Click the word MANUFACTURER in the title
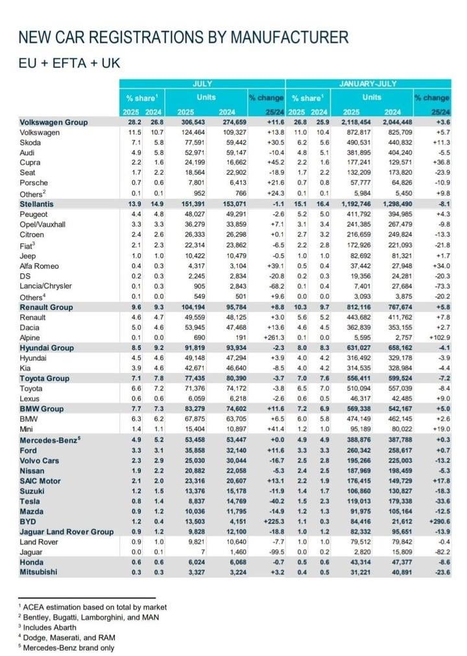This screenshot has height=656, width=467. (290, 37)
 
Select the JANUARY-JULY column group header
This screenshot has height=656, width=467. (368, 84)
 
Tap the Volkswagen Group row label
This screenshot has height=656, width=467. (54, 122)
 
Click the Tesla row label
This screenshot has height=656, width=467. (30, 501)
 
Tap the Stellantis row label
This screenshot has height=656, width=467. (36, 204)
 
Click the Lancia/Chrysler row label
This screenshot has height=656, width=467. (45, 286)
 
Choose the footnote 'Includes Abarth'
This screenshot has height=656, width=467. (47, 628)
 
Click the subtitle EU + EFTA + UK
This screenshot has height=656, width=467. (69, 63)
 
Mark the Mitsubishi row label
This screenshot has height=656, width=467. (38, 572)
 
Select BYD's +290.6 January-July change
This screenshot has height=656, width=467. (440, 522)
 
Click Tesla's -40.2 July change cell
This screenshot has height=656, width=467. (276, 501)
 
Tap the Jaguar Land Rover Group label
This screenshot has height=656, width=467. (67, 532)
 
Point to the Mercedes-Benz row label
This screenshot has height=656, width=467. (50, 440)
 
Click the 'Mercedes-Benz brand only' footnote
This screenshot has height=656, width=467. (66, 648)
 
